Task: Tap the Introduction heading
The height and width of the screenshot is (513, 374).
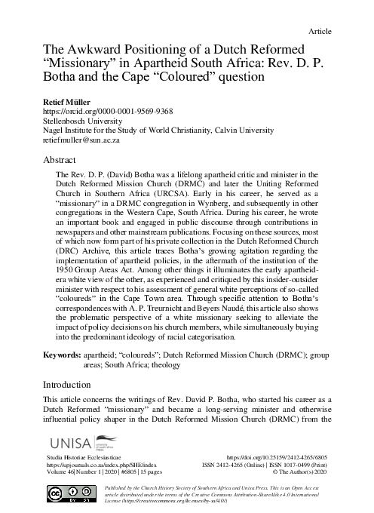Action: pyautogui.click(x=70, y=384)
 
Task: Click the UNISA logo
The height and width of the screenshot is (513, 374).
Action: pyautogui.click(x=75, y=444)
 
